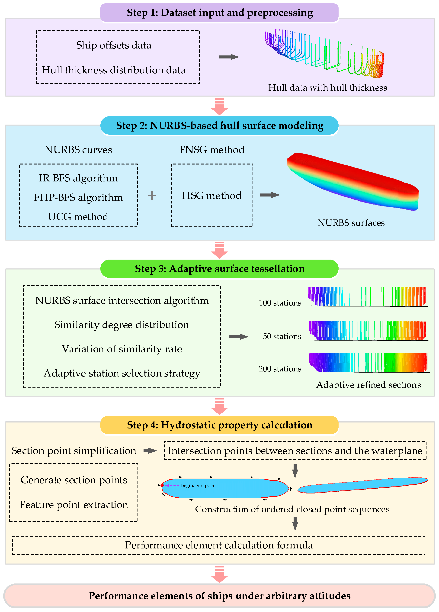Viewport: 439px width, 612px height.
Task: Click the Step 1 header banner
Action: pyautogui.click(x=219, y=13)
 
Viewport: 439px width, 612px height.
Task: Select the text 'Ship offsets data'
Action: pyautogui.click(x=114, y=45)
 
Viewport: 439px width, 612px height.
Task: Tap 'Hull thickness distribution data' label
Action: pyautogui.click(x=114, y=70)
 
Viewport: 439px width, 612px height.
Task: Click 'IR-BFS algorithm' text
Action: pyautogui.click(x=78, y=178)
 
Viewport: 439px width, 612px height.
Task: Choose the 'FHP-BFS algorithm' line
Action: pyautogui.click(x=78, y=197)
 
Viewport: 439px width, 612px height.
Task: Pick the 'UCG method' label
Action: pyautogui.click(x=78, y=217)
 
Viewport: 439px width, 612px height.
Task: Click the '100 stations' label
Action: pyautogui.click(x=280, y=303)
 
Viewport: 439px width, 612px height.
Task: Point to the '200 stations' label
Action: pyautogui.click(x=280, y=369)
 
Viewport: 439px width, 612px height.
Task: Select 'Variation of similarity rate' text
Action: pyautogui.click(x=122, y=349)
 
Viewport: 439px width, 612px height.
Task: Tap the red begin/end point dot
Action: pyautogui.click(x=162, y=485)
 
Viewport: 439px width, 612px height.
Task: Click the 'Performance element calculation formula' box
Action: pyautogui.click(x=219, y=545)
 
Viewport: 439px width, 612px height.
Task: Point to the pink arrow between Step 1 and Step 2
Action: pyautogui.click(x=219, y=107)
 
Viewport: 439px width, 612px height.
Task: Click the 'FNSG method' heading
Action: pyautogui.click(x=212, y=150)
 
